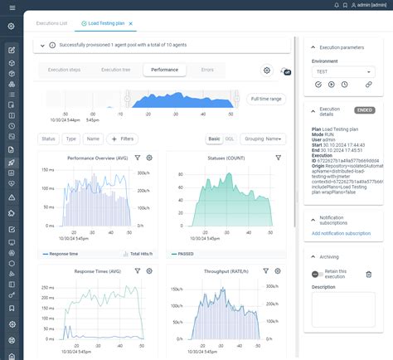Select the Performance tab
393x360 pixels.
pos(164,71)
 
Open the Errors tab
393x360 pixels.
pos(206,71)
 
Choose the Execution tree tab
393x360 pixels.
pos(115,71)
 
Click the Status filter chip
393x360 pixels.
pos(49,139)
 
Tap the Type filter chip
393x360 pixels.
pos(70,139)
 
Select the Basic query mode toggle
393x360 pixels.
pos(215,139)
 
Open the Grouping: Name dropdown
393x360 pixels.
pos(264,139)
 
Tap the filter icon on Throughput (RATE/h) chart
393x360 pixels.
pos(265,270)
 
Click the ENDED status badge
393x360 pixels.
pos(363,109)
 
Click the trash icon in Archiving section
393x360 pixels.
pos(368,274)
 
